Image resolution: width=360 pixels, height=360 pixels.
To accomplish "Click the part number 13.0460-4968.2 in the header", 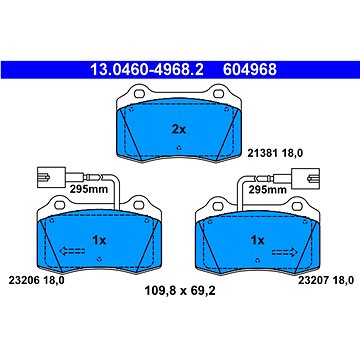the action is point(147,70).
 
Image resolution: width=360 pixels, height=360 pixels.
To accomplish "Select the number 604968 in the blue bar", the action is point(250,70).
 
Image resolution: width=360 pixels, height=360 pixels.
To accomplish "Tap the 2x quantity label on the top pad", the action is point(179,129).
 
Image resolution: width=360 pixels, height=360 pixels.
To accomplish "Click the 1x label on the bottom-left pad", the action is point(99,240).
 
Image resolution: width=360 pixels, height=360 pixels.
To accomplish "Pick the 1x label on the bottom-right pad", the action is point(257,240).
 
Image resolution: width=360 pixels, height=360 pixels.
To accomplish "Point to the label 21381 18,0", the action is point(275,153).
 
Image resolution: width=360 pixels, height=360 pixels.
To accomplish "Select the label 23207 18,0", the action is point(325,281).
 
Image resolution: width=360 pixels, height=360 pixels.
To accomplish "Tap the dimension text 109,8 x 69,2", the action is point(180,291).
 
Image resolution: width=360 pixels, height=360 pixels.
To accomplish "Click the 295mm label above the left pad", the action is point(89,189).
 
